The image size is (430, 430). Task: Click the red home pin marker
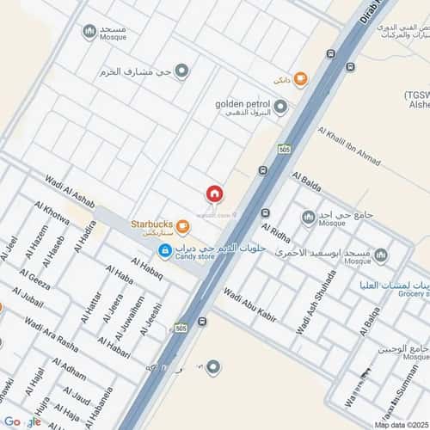pyautogui.click(x=213, y=193)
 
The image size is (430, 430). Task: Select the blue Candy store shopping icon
pyautogui.click(x=164, y=250)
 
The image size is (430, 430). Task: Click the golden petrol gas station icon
pyautogui.click(x=280, y=107)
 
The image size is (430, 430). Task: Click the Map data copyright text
pyautogui.click(x=399, y=424)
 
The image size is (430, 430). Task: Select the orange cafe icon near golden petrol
pyautogui.click(x=300, y=79)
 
